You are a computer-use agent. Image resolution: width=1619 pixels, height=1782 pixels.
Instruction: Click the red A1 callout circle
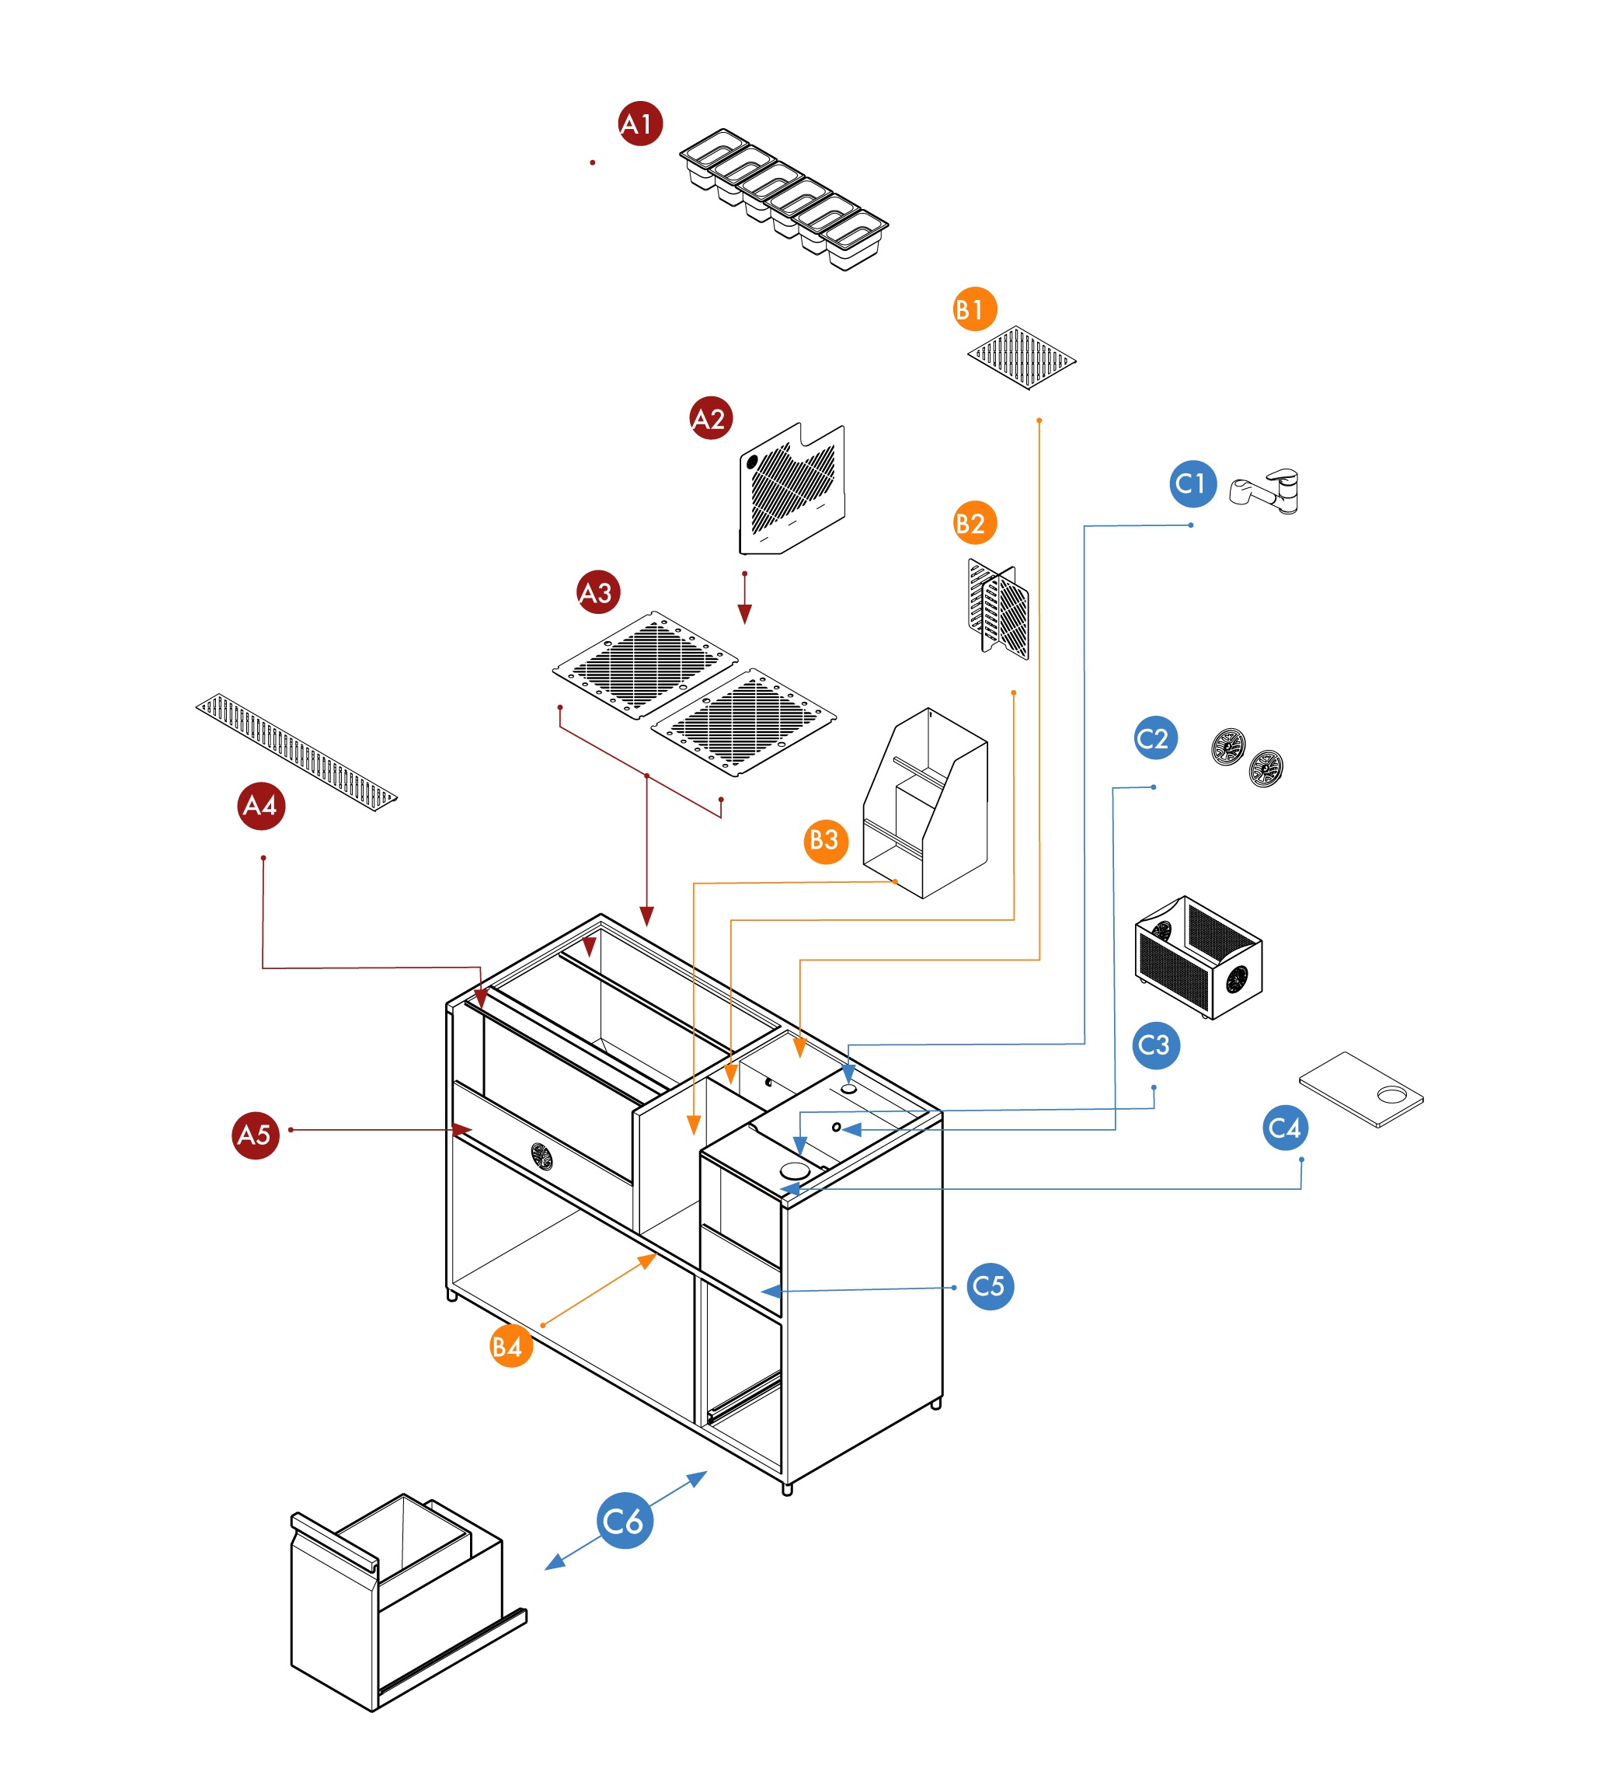tap(640, 124)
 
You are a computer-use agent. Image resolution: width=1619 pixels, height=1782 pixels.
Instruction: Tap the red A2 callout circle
tap(711, 418)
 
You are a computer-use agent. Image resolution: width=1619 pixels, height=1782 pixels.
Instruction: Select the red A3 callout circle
tap(597, 592)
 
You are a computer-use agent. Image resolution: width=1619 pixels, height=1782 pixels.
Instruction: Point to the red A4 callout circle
tap(261, 805)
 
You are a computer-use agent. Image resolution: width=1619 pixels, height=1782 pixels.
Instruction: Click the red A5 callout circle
tap(256, 1135)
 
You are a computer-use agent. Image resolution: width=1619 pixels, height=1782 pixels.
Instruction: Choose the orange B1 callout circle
tap(974, 309)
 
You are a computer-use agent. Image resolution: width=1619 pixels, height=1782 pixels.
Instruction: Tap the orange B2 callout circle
tap(974, 523)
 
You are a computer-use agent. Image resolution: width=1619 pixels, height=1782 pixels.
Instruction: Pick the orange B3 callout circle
tap(825, 840)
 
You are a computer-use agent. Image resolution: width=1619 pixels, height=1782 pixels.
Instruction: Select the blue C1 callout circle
tap(1192, 483)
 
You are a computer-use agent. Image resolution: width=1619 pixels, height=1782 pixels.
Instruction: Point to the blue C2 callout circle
tap(1155, 738)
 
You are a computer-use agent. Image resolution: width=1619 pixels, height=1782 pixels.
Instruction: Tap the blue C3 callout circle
tap(1155, 1046)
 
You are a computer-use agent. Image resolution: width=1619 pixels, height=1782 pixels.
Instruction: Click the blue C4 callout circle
tap(1284, 1128)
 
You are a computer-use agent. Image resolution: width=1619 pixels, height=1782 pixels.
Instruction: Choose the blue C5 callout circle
tap(990, 1286)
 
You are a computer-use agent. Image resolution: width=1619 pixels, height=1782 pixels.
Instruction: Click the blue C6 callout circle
tap(625, 1520)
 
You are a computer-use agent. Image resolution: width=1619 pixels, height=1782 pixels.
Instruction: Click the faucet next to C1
tap(1267, 490)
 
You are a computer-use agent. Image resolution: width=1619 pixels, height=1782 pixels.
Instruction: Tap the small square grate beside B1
tap(1022, 358)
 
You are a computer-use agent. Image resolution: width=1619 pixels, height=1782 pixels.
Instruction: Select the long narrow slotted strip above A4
tap(296, 752)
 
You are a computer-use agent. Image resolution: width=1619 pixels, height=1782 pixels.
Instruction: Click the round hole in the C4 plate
tap(1391, 1096)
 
